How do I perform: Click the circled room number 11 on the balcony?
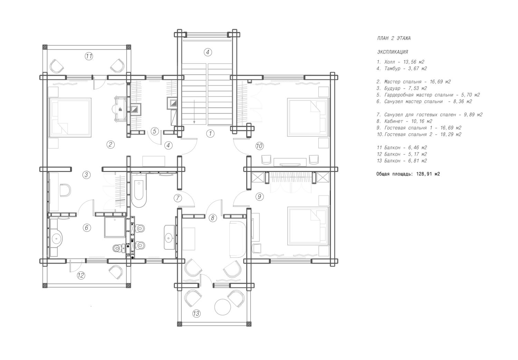point(89,56)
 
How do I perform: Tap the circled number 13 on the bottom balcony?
point(196,314)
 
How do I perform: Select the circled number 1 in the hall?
point(210,133)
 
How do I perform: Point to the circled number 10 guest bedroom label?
point(259,146)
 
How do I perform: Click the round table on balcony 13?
point(223,307)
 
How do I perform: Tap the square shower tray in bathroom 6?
point(115,227)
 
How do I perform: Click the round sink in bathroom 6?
point(56,237)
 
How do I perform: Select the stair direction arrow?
point(194,112)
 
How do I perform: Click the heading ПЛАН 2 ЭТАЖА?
point(394,38)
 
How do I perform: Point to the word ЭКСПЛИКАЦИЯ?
point(392,52)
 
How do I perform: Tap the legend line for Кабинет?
point(404,121)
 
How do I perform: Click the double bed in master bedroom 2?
point(70,117)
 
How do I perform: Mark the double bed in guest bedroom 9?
point(308,226)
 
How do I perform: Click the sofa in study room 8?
point(237,239)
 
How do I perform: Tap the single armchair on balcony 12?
point(116,272)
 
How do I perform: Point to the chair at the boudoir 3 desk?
point(65,190)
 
